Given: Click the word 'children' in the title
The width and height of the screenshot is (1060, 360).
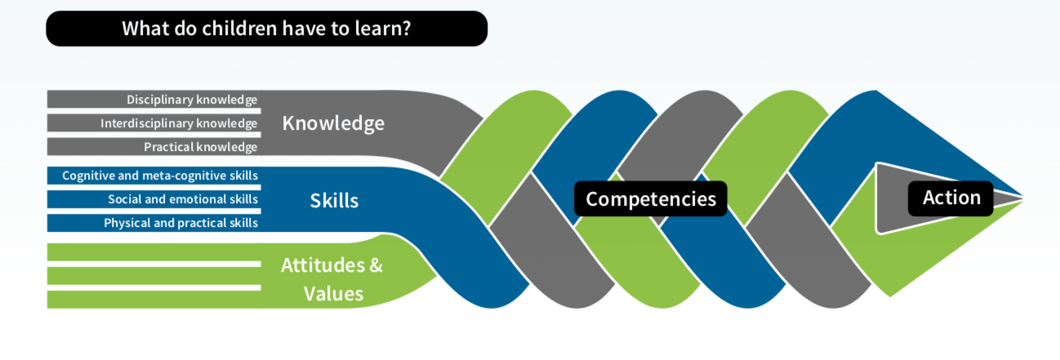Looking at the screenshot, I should (x=236, y=29).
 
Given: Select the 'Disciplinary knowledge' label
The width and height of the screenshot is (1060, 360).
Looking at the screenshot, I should (x=192, y=100).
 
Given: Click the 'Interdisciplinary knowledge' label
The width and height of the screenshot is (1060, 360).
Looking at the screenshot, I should (x=179, y=123).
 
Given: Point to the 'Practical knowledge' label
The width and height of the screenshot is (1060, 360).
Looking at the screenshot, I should (x=200, y=147).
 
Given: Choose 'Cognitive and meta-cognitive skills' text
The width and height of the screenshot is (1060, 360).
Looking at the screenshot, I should (x=160, y=176).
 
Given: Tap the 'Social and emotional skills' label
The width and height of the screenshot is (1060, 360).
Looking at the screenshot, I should (x=183, y=199).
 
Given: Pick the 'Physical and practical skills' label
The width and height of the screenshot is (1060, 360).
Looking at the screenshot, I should (x=180, y=223).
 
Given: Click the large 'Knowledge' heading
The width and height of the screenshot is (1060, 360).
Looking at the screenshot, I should (x=333, y=123).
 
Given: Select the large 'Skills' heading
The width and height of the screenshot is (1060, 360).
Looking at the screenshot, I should (x=334, y=200).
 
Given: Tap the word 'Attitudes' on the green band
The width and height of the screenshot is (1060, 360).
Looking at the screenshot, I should (x=319, y=265).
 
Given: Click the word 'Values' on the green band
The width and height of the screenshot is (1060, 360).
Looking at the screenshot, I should (x=333, y=293).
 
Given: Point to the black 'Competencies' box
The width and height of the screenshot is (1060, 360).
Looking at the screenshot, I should (x=650, y=198).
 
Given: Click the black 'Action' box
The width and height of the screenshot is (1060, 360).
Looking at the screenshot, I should (x=951, y=198).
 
